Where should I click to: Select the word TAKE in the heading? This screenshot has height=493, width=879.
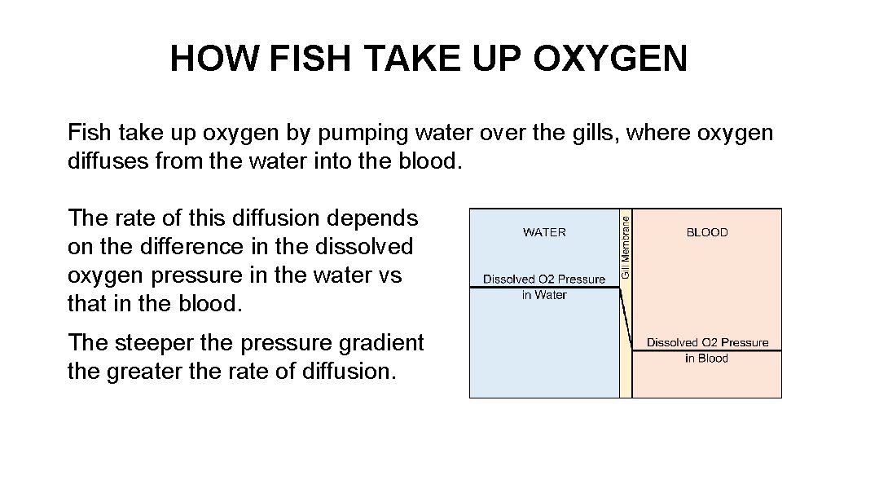click(415, 59)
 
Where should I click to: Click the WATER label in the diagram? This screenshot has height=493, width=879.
click(544, 232)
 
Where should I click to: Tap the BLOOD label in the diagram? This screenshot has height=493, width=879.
click(706, 232)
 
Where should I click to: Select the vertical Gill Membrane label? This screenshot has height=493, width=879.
click(626, 245)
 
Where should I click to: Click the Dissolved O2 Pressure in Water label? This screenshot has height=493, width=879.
click(544, 286)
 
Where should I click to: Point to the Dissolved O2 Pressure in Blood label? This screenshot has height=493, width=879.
click(707, 350)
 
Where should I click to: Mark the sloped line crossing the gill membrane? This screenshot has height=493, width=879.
click(626, 319)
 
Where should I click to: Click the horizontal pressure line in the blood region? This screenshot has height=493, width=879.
click(707, 350)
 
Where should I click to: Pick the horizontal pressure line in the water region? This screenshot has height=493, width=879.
click(544, 288)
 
